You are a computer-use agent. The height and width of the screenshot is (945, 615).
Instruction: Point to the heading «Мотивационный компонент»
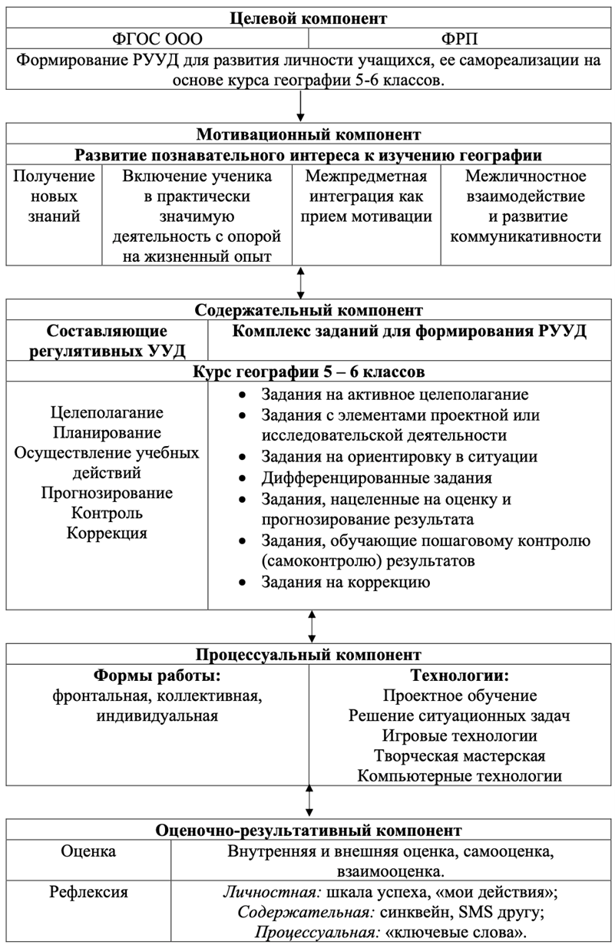coord(308,135)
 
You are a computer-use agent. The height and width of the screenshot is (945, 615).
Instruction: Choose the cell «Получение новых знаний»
coord(53,196)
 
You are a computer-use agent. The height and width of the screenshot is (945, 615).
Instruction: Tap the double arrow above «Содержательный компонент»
coord(301,283)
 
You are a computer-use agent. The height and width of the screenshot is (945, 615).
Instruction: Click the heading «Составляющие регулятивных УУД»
coord(107,341)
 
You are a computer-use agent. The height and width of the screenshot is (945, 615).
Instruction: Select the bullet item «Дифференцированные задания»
coord(375,477)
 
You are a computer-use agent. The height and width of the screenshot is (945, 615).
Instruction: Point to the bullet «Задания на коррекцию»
coord(346,582)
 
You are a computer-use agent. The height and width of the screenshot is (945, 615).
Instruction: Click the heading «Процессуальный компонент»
coord(308,655)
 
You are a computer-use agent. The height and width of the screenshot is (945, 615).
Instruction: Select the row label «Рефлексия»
coord(89,892)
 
